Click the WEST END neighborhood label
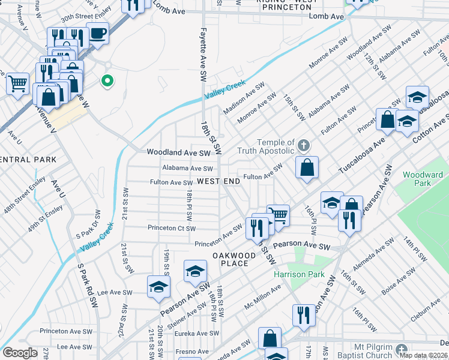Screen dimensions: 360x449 (218, 181)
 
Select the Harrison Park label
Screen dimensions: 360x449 (299, 274)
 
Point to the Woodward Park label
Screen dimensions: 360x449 (423, 179)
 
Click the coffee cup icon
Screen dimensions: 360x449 (97, 34)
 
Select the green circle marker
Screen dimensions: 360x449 (108, 80)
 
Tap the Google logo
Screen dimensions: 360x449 (20, 353)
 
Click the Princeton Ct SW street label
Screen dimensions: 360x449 (172, 228)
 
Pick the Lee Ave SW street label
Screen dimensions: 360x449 (110, 292)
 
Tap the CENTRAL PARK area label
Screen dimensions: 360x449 (28, 160)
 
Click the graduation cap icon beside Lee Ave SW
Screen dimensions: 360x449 (158, 287)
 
